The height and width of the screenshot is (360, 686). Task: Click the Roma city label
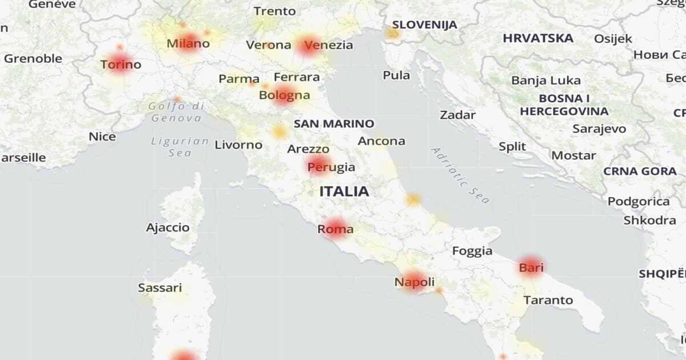click(336, 230)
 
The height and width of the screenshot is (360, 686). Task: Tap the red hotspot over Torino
click(119, 63)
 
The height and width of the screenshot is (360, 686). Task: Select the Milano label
click(188, 43)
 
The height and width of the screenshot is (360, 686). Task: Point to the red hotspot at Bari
click(531, 266)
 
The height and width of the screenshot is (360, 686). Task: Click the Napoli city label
click(414, 282)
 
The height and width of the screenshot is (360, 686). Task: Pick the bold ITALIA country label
click(344, 191)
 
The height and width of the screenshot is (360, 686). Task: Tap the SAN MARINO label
click(334, 123)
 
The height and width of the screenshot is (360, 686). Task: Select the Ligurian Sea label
click(180, 147)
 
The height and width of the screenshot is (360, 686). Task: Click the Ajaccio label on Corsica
click(167, 227)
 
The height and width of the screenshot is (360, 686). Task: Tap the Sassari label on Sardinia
click(160, 288)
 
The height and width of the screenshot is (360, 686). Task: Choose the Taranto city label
click(548, 300)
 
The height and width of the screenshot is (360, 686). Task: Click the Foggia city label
click(472, 251)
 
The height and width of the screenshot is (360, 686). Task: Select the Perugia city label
click(331, 167)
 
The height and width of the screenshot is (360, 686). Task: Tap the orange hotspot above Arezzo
click(280, 132)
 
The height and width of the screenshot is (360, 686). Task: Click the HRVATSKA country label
click(538, 38)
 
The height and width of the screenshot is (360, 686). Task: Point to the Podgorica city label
click(639, 201)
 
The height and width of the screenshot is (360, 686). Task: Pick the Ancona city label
click(381, 141)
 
